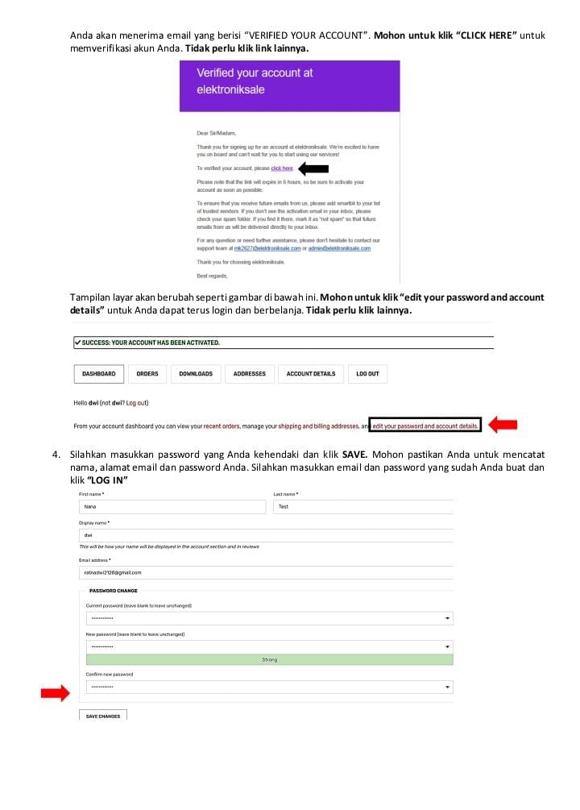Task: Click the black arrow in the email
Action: click(313, 168)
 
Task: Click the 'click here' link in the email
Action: click(282, 168)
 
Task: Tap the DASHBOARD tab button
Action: click(98, 374)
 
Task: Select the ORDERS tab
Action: click(147, 374)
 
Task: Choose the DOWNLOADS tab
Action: click(196, 374)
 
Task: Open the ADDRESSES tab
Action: click(250, 374)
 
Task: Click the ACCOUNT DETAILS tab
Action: click(311, 374)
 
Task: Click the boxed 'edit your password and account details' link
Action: click(425, 426)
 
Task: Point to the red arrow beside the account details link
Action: click(503, 425)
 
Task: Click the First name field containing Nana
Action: click(172, 507)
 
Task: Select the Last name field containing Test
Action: click(363, 507)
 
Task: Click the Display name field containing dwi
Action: click(266, 535)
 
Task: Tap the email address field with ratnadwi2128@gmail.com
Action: click(266, 572)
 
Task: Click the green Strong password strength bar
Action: click(269, 659)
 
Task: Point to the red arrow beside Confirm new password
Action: click(56, 693)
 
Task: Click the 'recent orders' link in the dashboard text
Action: click(225, 426)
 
